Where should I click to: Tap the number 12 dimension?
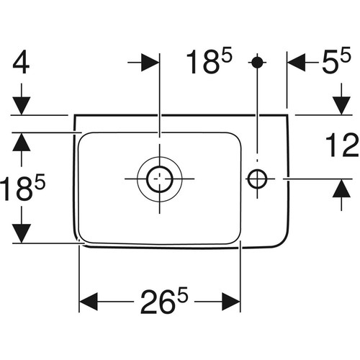pyautogui.click(x=342, y=145)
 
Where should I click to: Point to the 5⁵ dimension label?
pyautogui.click(x=336, y=60)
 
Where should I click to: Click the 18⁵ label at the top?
pyautogui.click(x=209, y=61)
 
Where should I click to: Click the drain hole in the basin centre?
pyautogui.click(x=160, y=179)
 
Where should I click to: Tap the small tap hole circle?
pyautogui.click(x=257, y=179)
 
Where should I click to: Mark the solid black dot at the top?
pyautogui.click(x=257, y=62)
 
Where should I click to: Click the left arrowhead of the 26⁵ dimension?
pyautogui.click(x=89, y=301)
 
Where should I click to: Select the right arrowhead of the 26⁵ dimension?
pyautogui.click(x=231, y=301)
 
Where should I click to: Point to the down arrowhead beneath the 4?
pyautogui.click(x=22, y=106)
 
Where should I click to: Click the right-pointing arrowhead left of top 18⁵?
pyautogui.click(x=150, y=63)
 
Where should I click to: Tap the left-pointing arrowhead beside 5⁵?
pyautogui.click(x=297, y=63)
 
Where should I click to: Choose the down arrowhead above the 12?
pyautogui.click(x=341, y=106)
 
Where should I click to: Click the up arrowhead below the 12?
pyautogui.click(x=341, y=189)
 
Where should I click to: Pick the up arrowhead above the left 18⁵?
pyautogui.click(x=22, y=142)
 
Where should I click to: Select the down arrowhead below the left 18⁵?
pyautogui.click(x=22, y=233)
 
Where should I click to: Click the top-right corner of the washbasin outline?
pyautogui.click(x=287, y=115)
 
